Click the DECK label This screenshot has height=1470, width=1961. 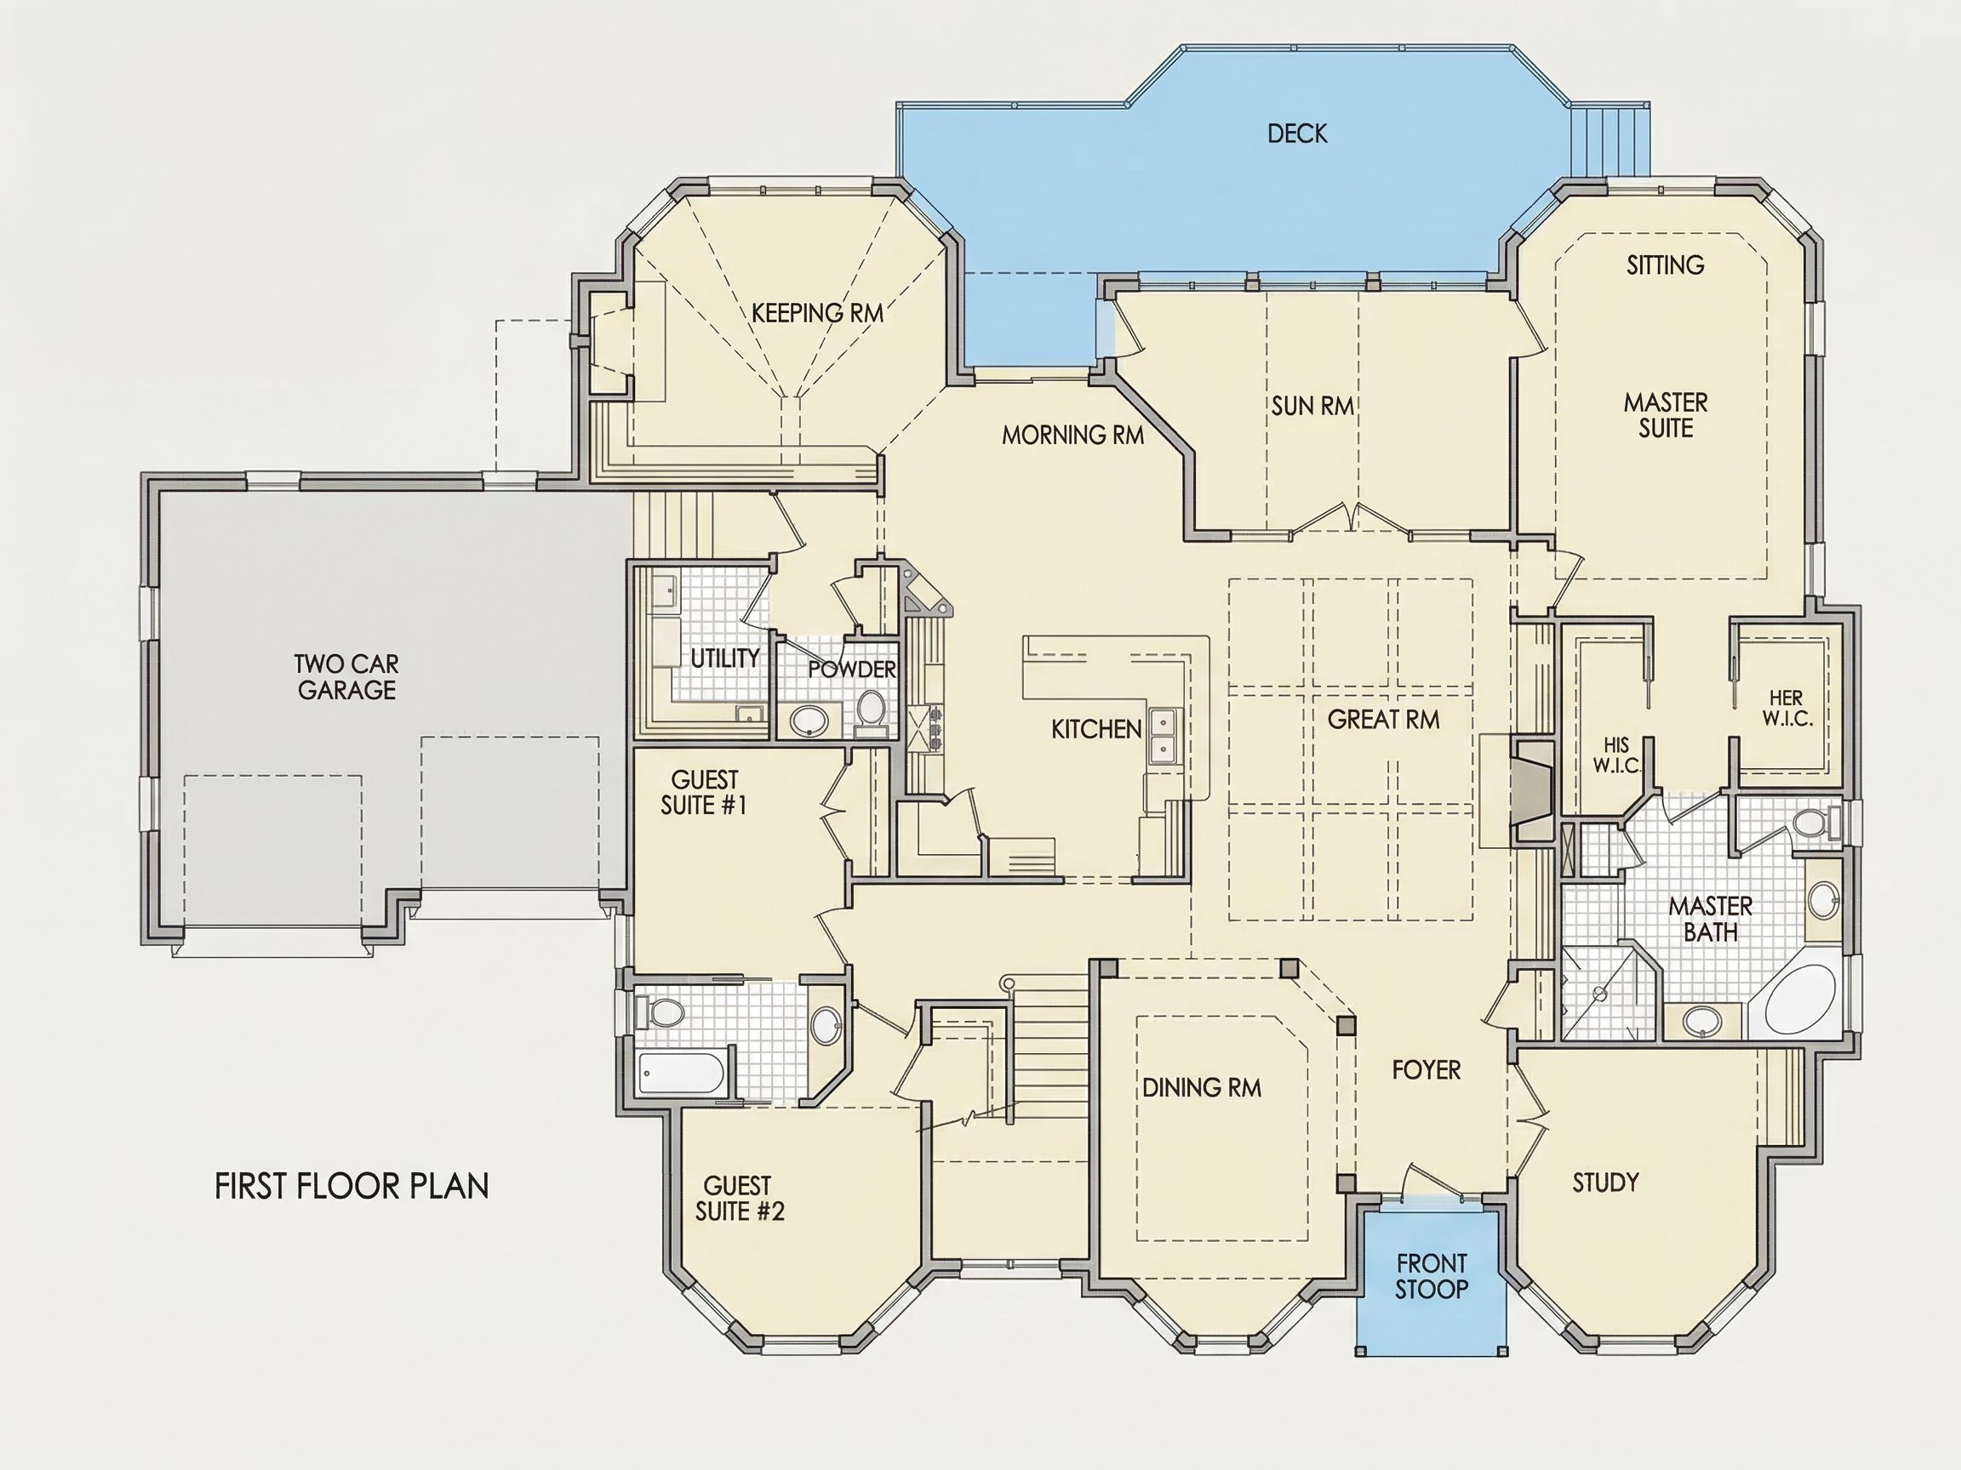click(x=1297, y=134)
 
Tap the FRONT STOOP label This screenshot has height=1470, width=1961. click(x=1432, y=1276)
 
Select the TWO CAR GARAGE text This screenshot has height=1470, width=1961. click(x=346, y=677)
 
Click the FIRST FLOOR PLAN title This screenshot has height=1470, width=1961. click(x=352, y=1187)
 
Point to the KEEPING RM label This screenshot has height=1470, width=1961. click(x=817, y=313)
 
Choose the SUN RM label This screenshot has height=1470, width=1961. click(x=1313, y=406)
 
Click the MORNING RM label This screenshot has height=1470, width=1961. click(x=1072, y=435)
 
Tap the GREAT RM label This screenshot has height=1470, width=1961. click(x=1383, y=720)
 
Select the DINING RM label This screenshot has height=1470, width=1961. click(x=1201, y=1088)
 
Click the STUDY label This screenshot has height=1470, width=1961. click(x=1605, y=1182)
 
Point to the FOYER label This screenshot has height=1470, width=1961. click(x=1426, y=1070)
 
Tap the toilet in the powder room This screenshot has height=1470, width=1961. click(x=872, y=712)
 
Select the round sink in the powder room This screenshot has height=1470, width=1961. click(x=809, y=721)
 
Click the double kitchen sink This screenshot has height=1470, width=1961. click(x=1163, y=736)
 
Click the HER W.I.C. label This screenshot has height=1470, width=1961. click(x=1787, y=709)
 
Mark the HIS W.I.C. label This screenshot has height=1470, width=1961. click(x=1617, y=755)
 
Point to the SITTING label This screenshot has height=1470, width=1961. click(x=1665, y=265)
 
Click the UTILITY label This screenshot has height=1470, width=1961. click(x=725, y=658)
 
